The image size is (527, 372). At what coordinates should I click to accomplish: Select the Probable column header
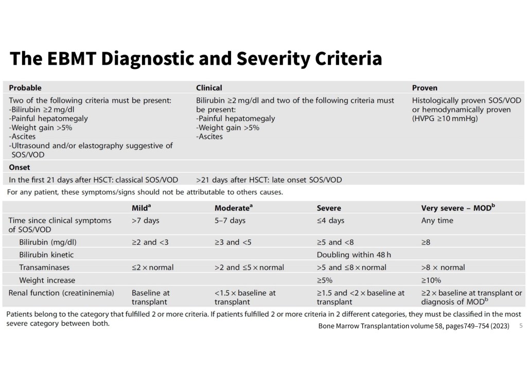25,87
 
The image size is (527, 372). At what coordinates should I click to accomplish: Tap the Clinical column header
209,87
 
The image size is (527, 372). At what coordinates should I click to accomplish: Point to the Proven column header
425,87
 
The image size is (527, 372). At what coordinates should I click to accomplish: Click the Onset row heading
20,167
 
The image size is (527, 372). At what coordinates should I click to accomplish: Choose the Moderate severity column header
234,208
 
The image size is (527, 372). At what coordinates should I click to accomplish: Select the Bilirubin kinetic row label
46,255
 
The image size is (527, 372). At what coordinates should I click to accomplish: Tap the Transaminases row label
44,268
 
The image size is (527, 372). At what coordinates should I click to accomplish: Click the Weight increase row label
47,280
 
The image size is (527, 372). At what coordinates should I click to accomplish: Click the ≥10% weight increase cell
431,280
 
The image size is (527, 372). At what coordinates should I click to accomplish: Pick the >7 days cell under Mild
146,220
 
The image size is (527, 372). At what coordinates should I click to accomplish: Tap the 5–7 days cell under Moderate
230,220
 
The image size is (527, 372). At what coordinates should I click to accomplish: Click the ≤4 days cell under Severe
330,220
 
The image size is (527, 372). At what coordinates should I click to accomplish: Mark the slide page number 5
521,326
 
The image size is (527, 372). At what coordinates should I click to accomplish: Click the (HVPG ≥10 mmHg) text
445,119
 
